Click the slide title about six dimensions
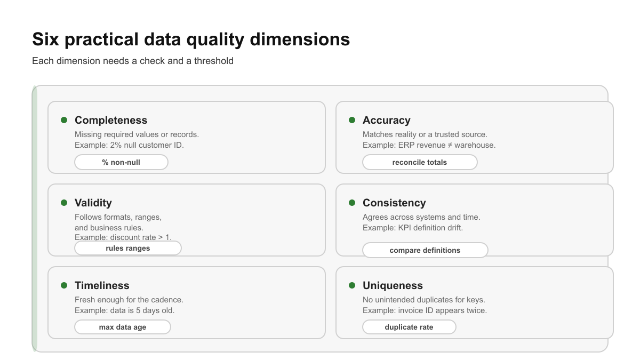[191, 39]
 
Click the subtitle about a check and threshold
[133, 61]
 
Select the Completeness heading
[111, 120]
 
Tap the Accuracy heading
[387, 120]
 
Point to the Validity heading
[93, 203]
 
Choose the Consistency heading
[394, 203]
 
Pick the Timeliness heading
[102, 285]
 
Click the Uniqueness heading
[393, 285]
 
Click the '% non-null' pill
[121, 162]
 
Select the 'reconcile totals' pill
[420, 162]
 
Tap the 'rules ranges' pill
[128, 248]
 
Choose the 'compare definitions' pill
[425, 250]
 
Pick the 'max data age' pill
[123, 327]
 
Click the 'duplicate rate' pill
[409, 327]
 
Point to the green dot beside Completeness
[64, 120]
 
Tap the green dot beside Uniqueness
[352, 285]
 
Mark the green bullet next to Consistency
[352, 203]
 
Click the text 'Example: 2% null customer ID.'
[129, 145]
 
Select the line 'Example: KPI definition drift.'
[413, 228]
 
